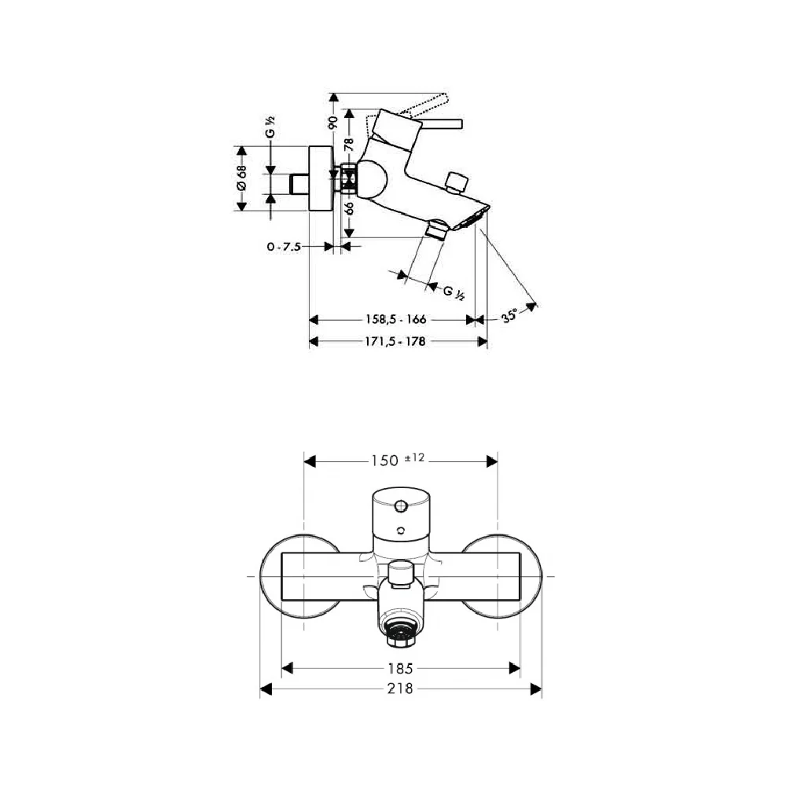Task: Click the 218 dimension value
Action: (400, 689)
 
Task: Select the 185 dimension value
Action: (400, 668)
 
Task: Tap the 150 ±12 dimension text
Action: (398, 460)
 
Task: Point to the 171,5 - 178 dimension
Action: (395, 341)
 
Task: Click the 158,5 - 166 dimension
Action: (395, 319)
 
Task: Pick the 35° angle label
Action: (509, 316)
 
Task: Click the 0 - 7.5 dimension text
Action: (284, 247)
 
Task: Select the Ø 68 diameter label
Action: (242, 178)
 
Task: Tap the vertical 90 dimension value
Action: (332, 122)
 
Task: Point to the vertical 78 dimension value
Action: (350, 145)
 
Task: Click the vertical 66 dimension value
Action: (350, 208)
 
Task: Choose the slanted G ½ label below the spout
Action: (454, 292)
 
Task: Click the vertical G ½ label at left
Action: (270, 127)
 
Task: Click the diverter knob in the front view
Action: (400, 575)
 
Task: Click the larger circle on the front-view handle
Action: (401, 506)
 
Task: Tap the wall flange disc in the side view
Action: (321, 178)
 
